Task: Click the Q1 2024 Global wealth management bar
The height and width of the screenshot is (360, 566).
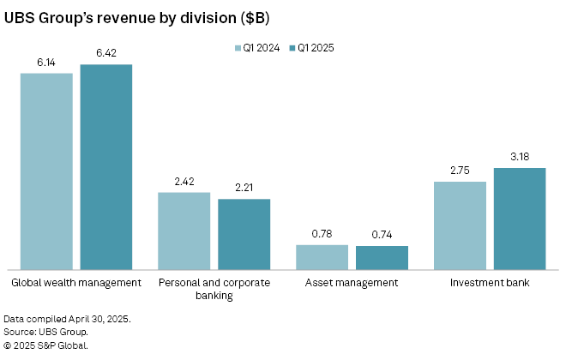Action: pos(46,171)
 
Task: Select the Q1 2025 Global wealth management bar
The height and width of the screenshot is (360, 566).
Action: pos(106,167)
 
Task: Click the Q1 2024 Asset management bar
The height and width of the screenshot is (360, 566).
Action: pos(322,257)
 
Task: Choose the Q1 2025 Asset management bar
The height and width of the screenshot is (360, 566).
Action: pos(382,258)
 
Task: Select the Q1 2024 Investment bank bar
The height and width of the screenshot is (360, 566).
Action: pos(460,225)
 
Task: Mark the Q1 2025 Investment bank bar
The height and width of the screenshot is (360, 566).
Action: pos(520,219)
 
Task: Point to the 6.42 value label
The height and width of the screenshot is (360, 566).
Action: pos(106,53)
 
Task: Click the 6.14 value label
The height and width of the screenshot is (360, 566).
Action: pos(46,63)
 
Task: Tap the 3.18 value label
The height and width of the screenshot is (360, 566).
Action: pos(520,157)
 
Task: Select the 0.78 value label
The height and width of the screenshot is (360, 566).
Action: pos(322,234)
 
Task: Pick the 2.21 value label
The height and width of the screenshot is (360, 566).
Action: pos(244,189)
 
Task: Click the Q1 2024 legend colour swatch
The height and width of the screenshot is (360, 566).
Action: pos(238,49)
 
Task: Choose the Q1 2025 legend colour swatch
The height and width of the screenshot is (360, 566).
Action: pos(292,49)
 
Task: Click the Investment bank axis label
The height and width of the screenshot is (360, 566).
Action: pos(490,282)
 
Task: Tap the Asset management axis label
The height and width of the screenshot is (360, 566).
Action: pos(352,282)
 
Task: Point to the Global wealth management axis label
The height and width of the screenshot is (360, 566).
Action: pos(75,282)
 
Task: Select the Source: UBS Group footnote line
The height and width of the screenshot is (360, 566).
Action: pos(45,332)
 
